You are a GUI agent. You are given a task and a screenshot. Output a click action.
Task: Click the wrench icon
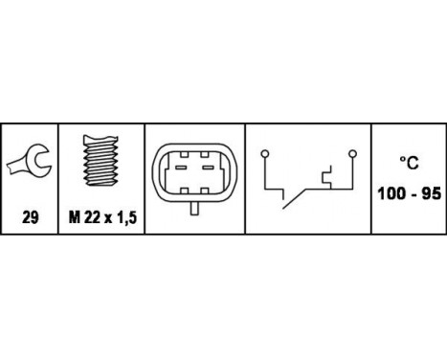30,165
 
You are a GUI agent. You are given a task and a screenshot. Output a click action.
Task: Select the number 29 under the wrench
31,218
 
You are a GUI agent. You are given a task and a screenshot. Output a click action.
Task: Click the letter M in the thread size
74,218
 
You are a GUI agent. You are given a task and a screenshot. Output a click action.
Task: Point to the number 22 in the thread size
91,218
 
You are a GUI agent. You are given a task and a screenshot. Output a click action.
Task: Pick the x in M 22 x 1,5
107,219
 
